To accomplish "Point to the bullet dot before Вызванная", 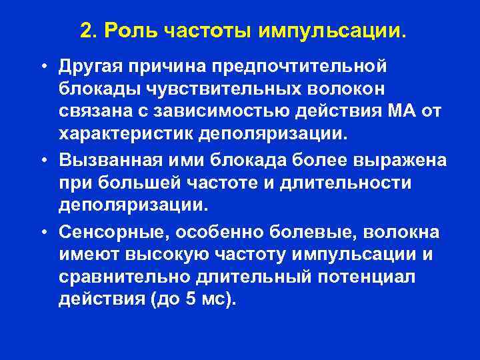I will pos(42,163).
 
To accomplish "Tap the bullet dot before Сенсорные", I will pos(42,232).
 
